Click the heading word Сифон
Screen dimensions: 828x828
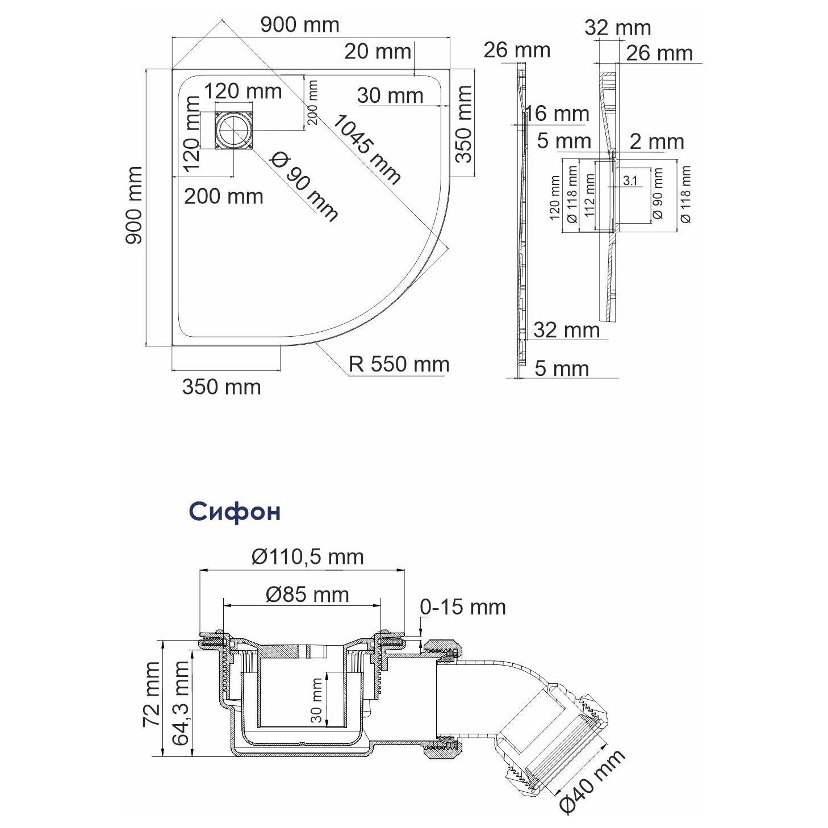(235, 512)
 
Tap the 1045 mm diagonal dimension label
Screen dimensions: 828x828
(366, 149)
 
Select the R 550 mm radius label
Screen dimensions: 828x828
(399, 364)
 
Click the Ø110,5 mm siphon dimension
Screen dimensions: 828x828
(307, 557)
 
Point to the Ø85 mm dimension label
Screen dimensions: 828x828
(307, 595)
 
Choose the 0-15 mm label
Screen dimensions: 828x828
(462, 607)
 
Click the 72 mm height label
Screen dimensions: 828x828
(152, 693)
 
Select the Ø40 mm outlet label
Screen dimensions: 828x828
(592, 779)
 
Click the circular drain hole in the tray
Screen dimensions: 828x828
(234, 130)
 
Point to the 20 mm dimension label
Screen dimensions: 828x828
(377, 52)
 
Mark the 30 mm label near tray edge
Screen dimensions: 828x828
(390, 95)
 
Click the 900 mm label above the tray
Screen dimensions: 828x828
(299, 24)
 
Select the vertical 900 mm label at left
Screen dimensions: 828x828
(134, 205)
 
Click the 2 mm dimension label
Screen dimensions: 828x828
(656, 141)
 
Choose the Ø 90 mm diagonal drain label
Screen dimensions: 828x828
(304, 186)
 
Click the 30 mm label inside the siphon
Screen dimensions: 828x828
(317, 700)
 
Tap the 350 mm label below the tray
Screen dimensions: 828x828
(221, 387)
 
